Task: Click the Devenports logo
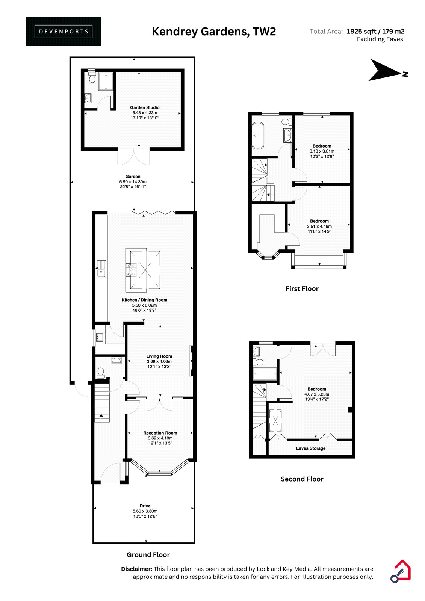[x=64, y=32]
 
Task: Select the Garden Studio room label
[x=145, y=107]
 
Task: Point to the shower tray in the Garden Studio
[x=106, y=81]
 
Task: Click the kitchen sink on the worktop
[x=101, y=269]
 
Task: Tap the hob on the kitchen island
[x=131, y=270]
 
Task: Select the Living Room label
[x=159, y=356]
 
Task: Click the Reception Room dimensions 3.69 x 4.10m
[x=160, y=438]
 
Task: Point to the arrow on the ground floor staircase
[x=101, y=417]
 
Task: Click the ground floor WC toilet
[x=101, y=373]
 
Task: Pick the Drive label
[x=145, y=506]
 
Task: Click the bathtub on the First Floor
[x=258, y=136]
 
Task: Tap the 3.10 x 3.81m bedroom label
[x=322, y=151]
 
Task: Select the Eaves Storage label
[x=311, y=448]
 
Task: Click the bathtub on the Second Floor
[x=265, y=374]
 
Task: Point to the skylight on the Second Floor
[x=275, y=421]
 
